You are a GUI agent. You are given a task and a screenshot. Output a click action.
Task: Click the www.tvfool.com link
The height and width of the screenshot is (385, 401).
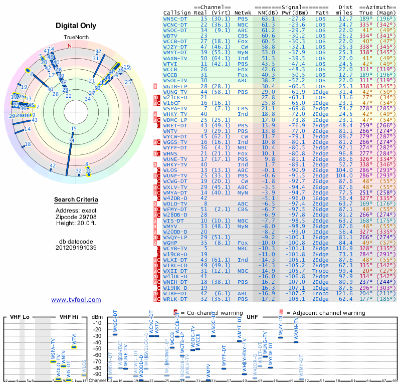click(76, 300)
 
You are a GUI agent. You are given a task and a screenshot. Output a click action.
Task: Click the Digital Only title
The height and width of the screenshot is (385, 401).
click(76, 26)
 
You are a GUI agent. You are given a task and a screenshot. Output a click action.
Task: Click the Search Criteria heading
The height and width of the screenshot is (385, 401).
click(76, 200)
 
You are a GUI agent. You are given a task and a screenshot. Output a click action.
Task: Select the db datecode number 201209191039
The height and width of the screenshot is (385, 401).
click(76, 247)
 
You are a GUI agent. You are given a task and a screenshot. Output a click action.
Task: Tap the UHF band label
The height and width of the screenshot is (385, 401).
click(253, 317)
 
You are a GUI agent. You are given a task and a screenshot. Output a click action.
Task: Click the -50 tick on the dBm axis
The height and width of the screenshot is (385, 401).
click(97, 348)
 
